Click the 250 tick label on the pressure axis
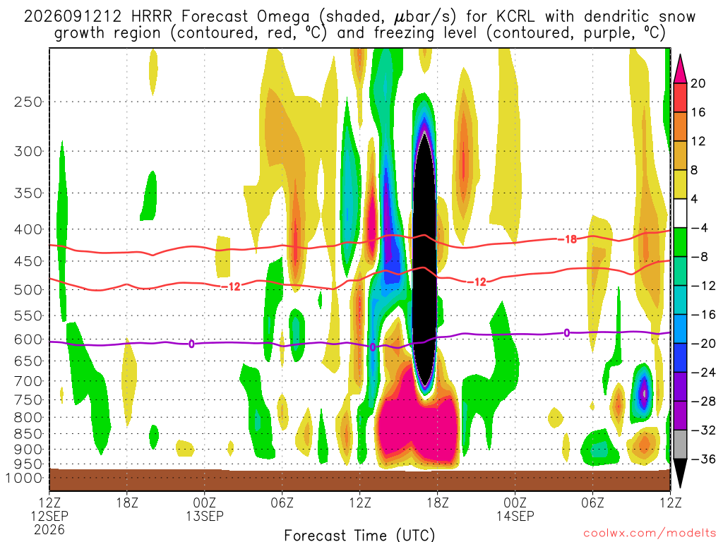click(28, 102)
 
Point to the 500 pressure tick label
click(28, 290)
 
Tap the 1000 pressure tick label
click(23, 478)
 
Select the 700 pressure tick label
click(28, 381)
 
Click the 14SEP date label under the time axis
click(515, 516)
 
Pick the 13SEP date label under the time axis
click(205, 516)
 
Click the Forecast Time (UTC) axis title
click(359, 535)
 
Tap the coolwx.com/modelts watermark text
click(650, 534)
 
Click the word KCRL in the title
click(515, 17)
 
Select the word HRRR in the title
click(152, 17)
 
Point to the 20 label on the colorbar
click(698, 83)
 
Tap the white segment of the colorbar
click(680, 213)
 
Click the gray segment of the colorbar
click(680, 445)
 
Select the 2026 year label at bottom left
click(49, 529)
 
